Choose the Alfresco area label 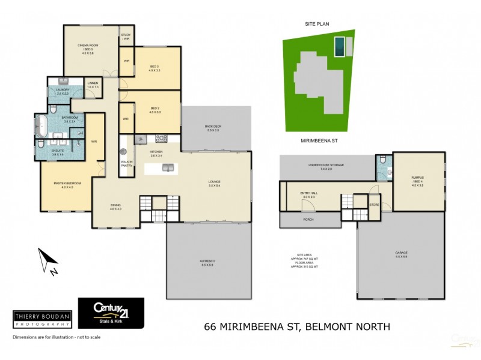pos(207,263)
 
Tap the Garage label pos(401,255)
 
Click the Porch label pos(308,220)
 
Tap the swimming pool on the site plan pos(340,44)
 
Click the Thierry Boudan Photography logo pos(42,319)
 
